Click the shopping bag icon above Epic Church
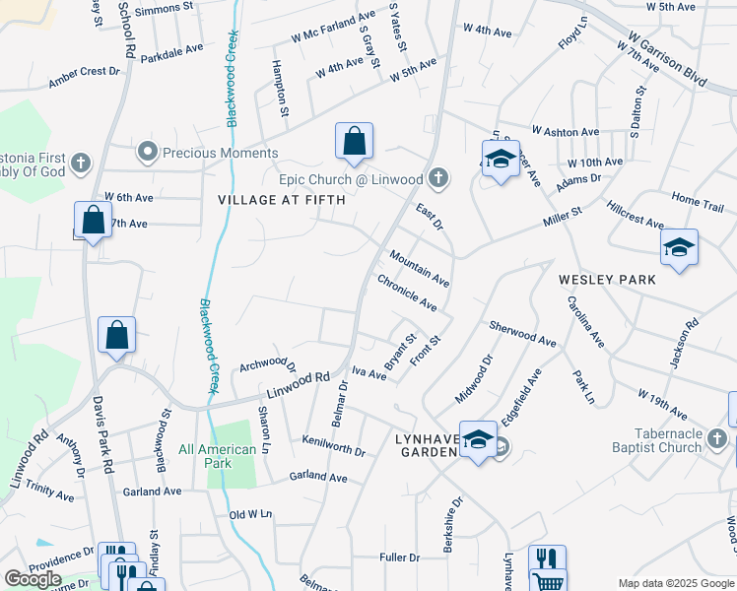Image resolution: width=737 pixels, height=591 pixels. pos(354,142)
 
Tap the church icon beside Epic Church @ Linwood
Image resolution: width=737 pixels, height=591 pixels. pos(437,178)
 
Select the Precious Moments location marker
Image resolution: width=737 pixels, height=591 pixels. pos(148,152)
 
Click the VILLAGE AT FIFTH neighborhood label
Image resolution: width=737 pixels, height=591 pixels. pos(281,200)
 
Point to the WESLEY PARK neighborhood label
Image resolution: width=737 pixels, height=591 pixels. pos(607,280)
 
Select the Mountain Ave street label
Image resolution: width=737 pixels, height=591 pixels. pos(419,268)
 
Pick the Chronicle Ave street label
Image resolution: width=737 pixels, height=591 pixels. pos(407,293)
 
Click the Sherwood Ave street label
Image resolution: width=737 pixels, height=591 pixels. pos(522,333)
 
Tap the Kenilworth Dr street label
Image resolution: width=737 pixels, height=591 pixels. pos(334,445)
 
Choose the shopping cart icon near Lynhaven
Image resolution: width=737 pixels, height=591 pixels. pos(547,579)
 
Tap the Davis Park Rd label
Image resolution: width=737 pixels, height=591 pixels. pos(103,433)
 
